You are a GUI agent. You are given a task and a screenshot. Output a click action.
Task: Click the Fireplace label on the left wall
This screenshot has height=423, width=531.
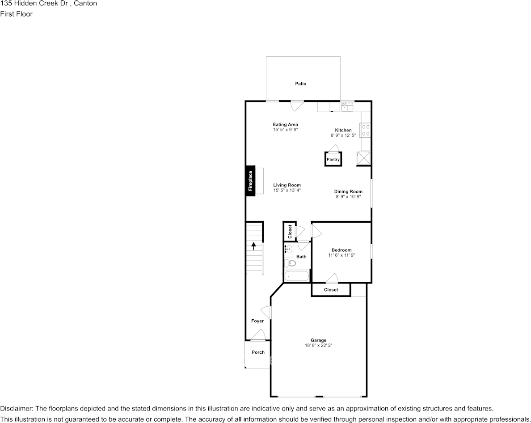pos(251,181)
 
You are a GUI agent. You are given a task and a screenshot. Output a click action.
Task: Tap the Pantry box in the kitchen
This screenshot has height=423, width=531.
pos(333,159)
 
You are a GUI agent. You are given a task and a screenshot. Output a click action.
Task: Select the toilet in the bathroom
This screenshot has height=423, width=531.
pos(292,263)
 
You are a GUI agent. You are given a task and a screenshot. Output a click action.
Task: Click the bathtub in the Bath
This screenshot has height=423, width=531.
pos(297,276)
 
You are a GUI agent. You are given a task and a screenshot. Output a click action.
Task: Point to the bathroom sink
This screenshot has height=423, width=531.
pos(288,249)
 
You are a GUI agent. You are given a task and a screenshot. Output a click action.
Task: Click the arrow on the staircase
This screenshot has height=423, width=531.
pos(254,245)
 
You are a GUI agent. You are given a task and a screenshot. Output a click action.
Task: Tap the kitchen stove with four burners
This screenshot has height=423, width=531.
pos(366,130)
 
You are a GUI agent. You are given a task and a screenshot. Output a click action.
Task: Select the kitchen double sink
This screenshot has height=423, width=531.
pos(347,107)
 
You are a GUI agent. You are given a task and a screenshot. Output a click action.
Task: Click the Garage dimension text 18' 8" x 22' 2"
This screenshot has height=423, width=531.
pos(319,346)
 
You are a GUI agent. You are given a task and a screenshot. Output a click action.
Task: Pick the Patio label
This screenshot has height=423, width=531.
pos(301,84)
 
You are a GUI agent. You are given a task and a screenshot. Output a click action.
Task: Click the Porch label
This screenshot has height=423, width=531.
pos(258,352)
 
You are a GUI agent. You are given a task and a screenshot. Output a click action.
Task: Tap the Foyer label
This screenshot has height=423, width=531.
pos(257,321)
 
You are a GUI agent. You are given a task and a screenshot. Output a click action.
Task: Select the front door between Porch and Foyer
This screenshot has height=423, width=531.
pos(258,336)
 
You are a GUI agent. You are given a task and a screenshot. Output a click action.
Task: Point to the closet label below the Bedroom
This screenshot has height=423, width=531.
pos(331,290)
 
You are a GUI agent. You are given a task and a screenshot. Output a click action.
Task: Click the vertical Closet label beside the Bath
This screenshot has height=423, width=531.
pos(290,232)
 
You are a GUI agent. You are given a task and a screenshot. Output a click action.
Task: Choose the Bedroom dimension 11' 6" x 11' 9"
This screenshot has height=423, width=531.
pos(341,255)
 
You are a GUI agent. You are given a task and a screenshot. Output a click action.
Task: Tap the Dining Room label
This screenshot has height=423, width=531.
pos(348,191)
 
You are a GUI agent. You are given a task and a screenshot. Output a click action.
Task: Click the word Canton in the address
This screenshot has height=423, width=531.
pos(85,4)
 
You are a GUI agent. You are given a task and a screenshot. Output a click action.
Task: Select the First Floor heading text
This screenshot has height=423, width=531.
pos(16,14)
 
